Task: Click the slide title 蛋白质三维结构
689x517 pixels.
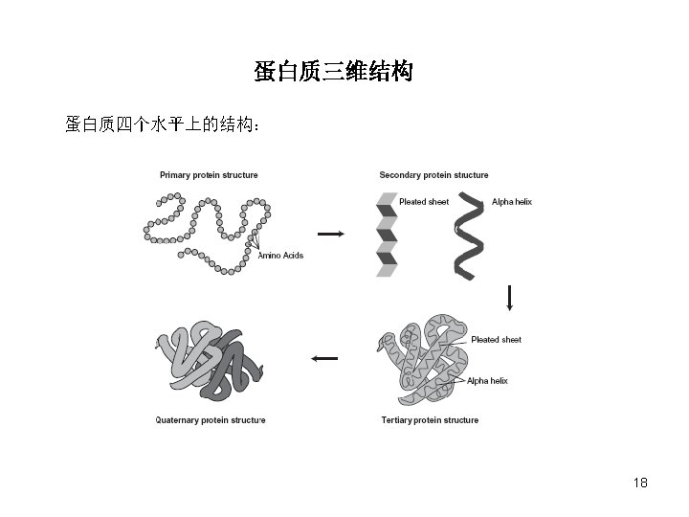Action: [333, 72]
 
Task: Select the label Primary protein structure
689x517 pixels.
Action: [209, 175]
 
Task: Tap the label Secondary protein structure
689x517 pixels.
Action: [433, 175]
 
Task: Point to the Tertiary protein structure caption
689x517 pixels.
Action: [430, 420]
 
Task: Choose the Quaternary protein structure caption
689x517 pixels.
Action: [211, 420]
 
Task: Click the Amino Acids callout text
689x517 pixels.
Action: [280, 256]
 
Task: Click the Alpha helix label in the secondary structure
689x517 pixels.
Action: [511, 202]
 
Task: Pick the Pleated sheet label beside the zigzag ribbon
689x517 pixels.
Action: [424, 202]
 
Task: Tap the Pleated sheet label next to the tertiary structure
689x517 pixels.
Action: [496, 340]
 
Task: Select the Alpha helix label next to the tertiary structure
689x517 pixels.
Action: [487, 381]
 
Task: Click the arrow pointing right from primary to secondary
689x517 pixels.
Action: [329, 234]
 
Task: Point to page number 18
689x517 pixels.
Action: [640, 483]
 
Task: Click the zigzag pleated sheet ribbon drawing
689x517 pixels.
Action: [386, 235]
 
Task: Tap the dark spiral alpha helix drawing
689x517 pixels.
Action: [469, 235]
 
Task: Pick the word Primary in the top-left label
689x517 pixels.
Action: [174, 175]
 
